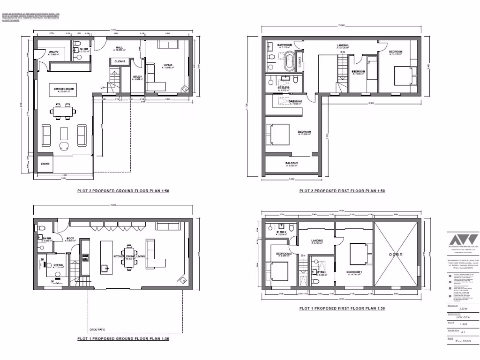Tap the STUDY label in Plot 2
point(137,77)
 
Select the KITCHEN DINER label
point(62,89)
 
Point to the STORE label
point(45,164)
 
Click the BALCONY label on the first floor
point(292,163)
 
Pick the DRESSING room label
point(295,101)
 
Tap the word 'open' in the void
point(395,254)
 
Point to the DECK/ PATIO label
point(97,329)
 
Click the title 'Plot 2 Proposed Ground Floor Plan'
point(123,191)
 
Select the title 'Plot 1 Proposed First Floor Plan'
point(342,308)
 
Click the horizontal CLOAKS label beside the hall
point(119,61)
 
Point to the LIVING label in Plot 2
point(167,66)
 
